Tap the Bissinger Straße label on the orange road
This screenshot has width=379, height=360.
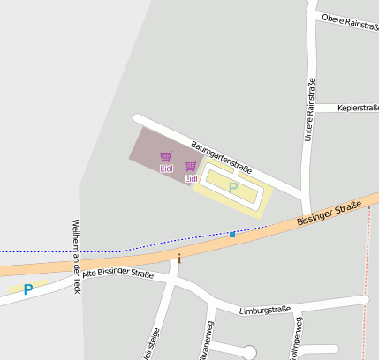[330, 212]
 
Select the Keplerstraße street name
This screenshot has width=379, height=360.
[358, 108]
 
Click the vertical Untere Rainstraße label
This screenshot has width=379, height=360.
[309, 111]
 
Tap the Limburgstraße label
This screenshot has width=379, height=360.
[265, 311]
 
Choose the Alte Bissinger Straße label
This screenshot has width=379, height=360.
[117, 273]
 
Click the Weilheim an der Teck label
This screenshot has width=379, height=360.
[76, 255]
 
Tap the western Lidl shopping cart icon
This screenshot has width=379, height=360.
[165, 157]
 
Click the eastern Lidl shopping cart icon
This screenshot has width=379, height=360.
[190, 167]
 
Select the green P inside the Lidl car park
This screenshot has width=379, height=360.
[233, 187]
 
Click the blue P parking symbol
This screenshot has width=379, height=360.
[28, 289]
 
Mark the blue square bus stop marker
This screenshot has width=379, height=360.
[232, 234]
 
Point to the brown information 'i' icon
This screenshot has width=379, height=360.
[179, 258]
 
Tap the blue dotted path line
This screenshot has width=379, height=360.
[177, 239]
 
